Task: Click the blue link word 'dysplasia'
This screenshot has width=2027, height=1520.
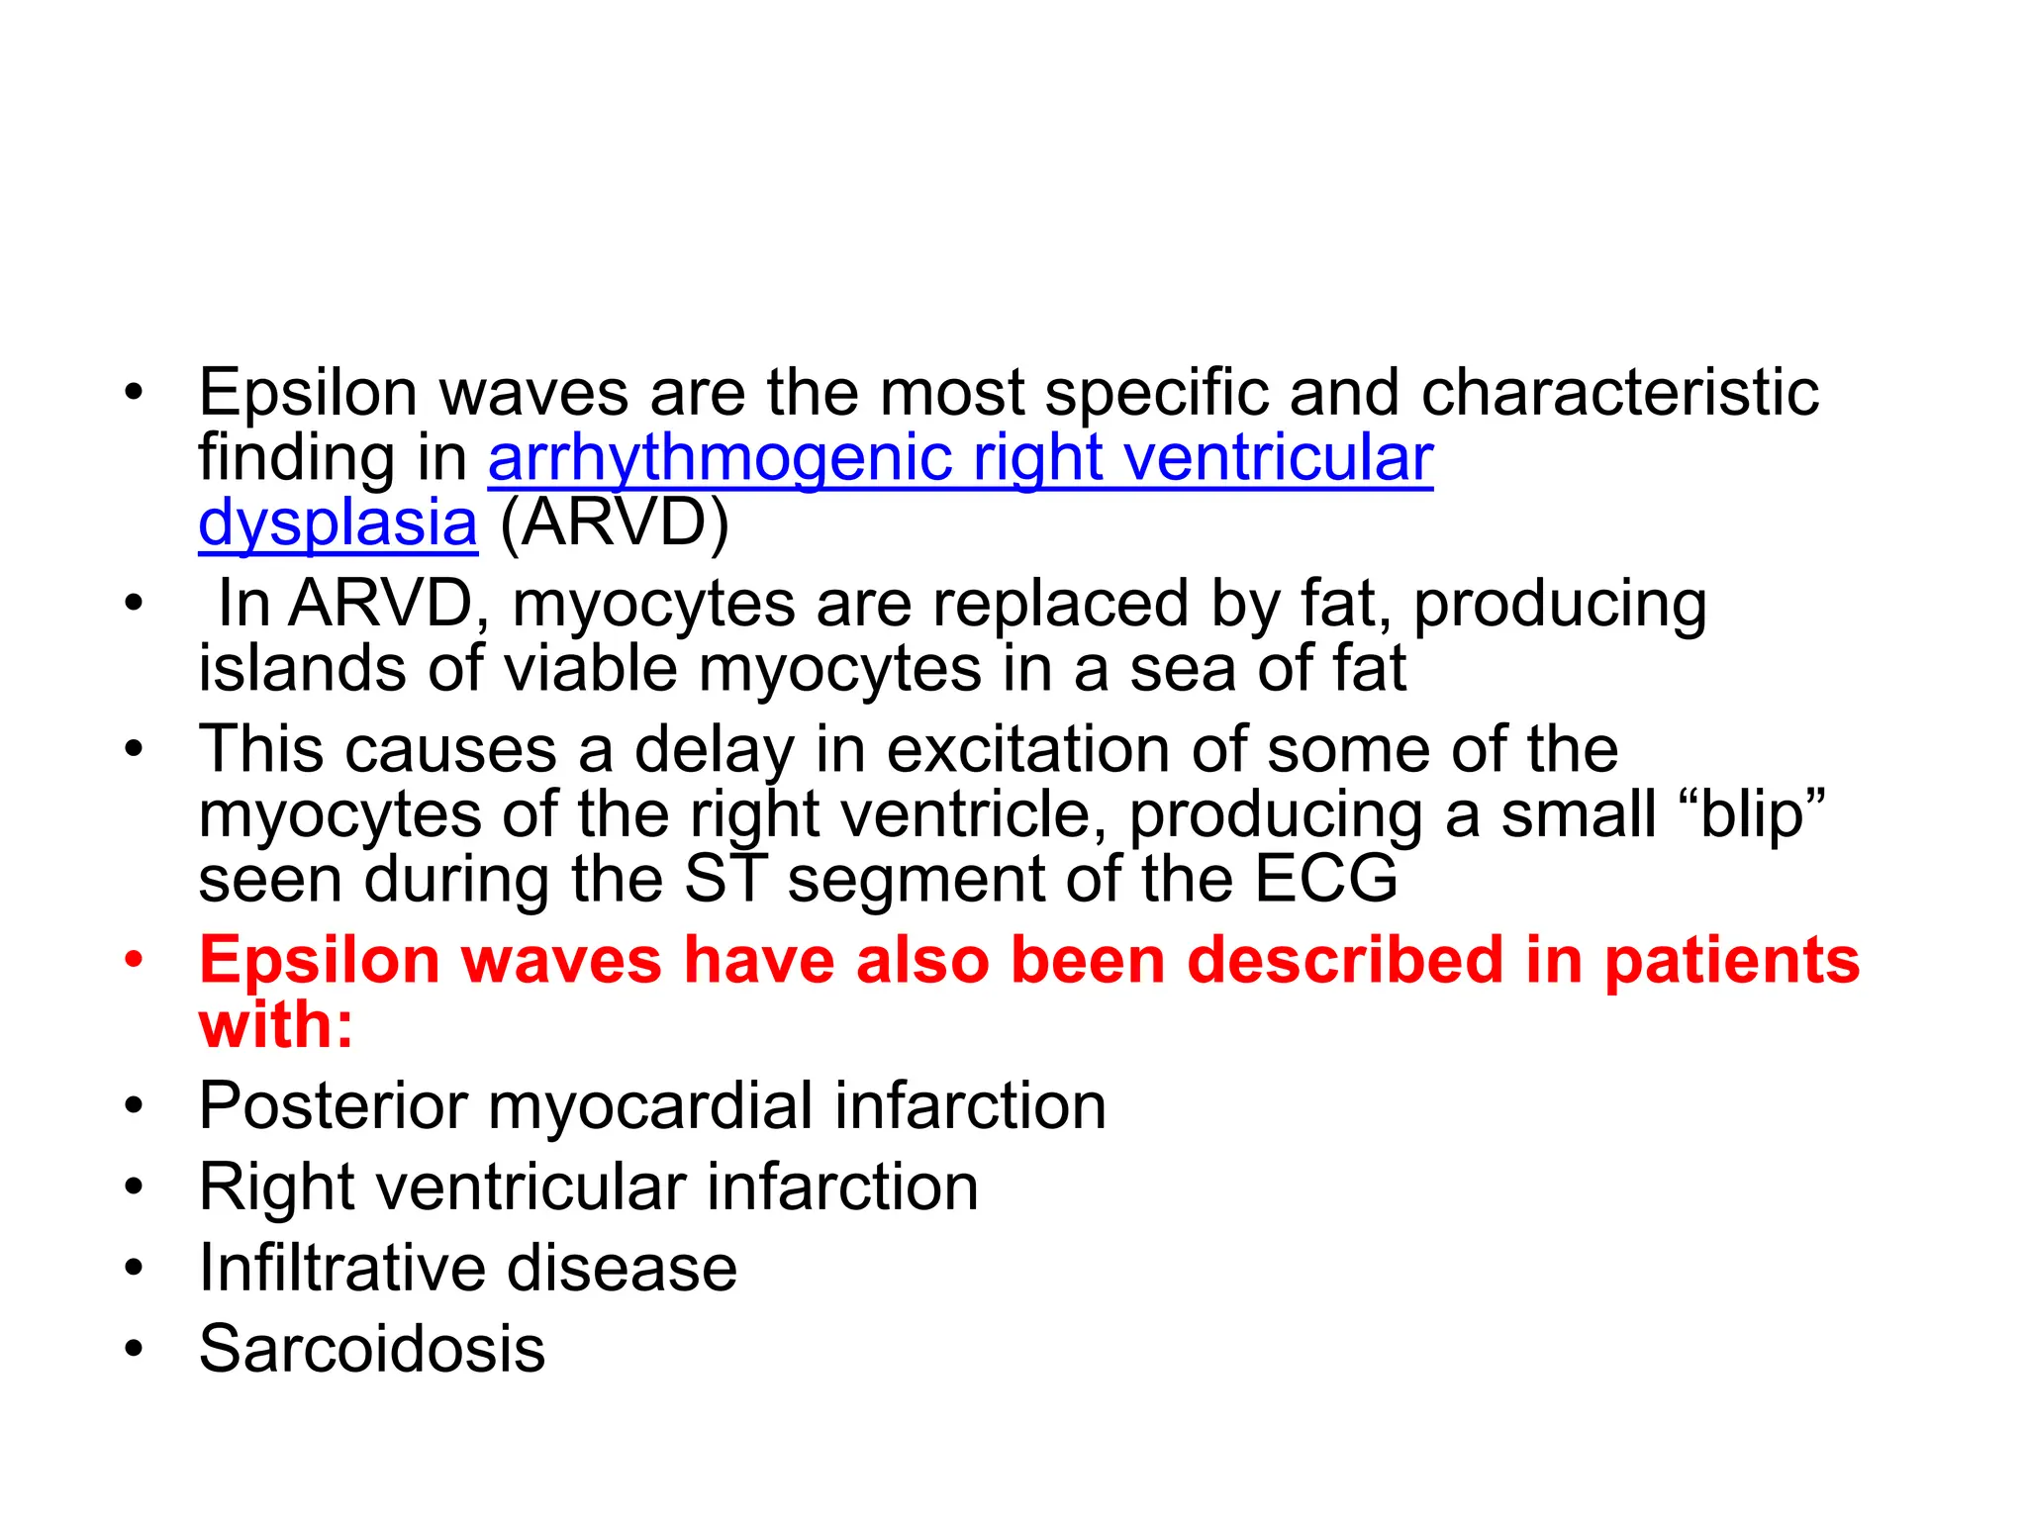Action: pos(338,524)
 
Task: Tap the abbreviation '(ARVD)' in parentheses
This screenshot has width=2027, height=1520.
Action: pos(614,522)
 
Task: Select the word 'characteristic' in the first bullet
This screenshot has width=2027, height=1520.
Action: pos(1619,393)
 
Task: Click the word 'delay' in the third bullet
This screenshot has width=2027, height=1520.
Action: pos(714,751)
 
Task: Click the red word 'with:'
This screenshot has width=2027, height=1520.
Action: pos(276,1025)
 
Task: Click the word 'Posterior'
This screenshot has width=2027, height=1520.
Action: pos(333,1106)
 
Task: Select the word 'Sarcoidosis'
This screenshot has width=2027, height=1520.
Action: pos(372,1349)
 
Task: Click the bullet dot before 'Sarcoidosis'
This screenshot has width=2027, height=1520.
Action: pos(135,1349)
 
